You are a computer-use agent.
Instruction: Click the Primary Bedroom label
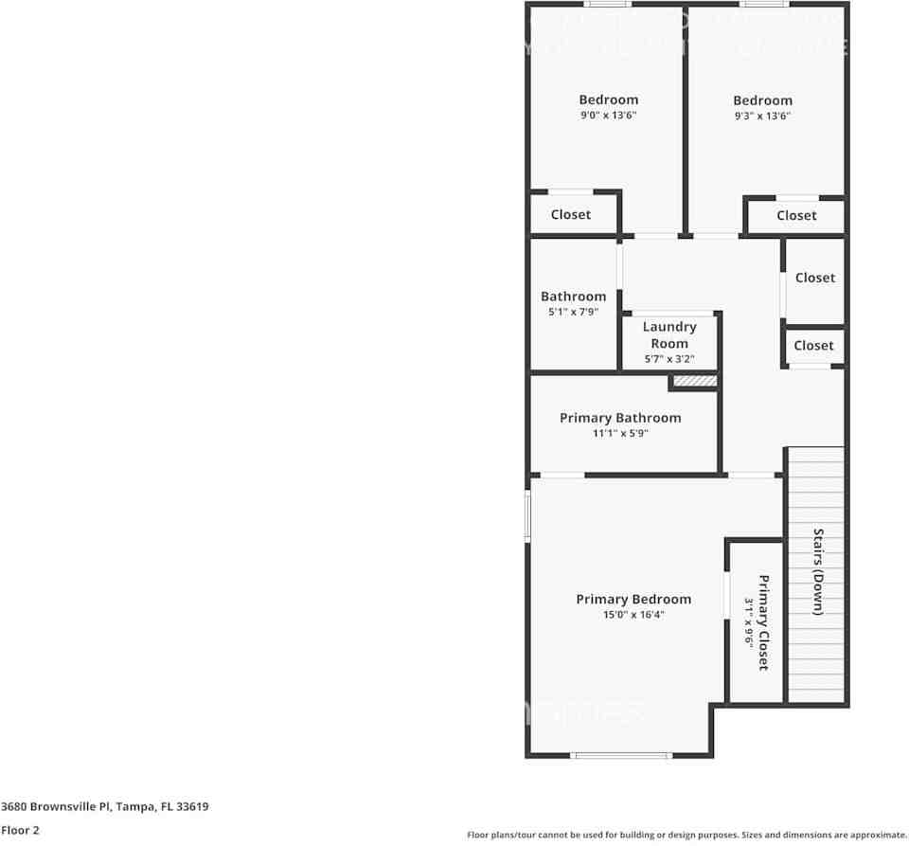click(x=633, y=600)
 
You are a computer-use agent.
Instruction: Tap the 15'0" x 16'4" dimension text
click(x=633, y=615)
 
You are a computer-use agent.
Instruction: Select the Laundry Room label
click(x=669, y=335)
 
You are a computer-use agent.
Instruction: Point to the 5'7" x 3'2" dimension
click(x=669, y=359)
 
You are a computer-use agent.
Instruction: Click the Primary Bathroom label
click(x=620, y=418)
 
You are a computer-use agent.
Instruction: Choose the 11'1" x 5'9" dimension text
click(x=620, y=433)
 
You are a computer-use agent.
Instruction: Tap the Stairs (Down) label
click(x=817, y=572)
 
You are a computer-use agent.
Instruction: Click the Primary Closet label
click(x=762, y=622)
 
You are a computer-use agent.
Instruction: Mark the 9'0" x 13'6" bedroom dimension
click(x=609, y=116)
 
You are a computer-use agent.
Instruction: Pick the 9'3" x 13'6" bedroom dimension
click(x=762, y=117)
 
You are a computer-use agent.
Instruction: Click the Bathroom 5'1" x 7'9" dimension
click(x=573, y=312)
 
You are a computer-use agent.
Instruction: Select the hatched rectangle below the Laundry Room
click(x=694, y=381)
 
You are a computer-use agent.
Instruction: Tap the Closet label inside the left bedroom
click(x=571, y=215)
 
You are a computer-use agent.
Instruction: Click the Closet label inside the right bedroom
click(x=796, y=216)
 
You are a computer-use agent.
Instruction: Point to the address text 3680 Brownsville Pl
click(x=104, y=807)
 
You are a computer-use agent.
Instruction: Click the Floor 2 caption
click(x=21, y=831)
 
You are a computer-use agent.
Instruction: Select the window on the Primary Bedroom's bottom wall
click(x=621, y=755)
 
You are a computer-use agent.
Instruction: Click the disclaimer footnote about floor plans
click(x=686, y=835)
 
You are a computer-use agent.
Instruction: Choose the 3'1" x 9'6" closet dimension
click(x=748, y=622)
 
